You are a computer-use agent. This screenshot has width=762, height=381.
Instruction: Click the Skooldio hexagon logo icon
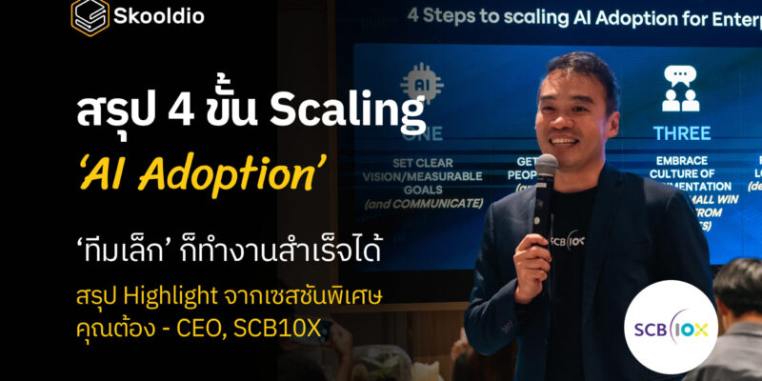click(x=90, y=17)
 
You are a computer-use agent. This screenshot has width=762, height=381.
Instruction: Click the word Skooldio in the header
click(x=159, y=16)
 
